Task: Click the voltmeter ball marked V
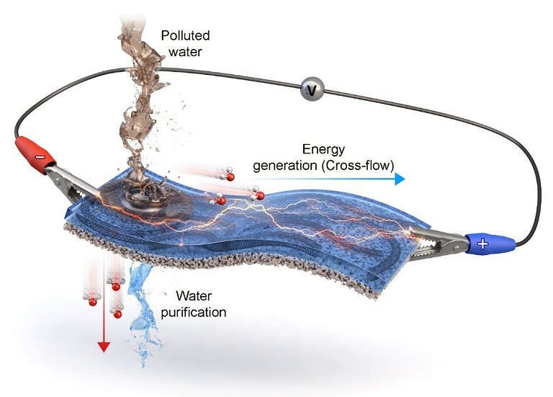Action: click(x=312, y=89)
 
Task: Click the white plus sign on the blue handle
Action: click(x=482, y=243)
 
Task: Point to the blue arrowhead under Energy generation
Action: click(x=400, y=179)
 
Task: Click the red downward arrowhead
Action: click(x=104, y=347)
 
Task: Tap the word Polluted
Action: click(x=185, y=35)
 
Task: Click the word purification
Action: click(x=193, y=313)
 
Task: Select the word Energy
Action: click(x=323, y=150)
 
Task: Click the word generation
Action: click(x=285, y=166)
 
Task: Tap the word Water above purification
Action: click(x=194, y=295)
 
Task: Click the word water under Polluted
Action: click(x=185, y=52)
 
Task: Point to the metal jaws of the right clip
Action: click(x=437, y=239)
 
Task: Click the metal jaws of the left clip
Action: click(x=71, y=182)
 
